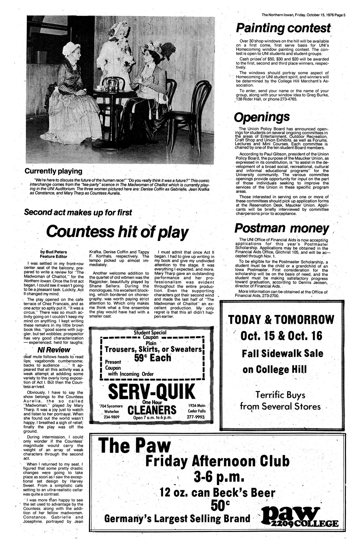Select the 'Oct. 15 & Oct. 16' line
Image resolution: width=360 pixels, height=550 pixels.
pyautogui.click(x=281, y=336)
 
